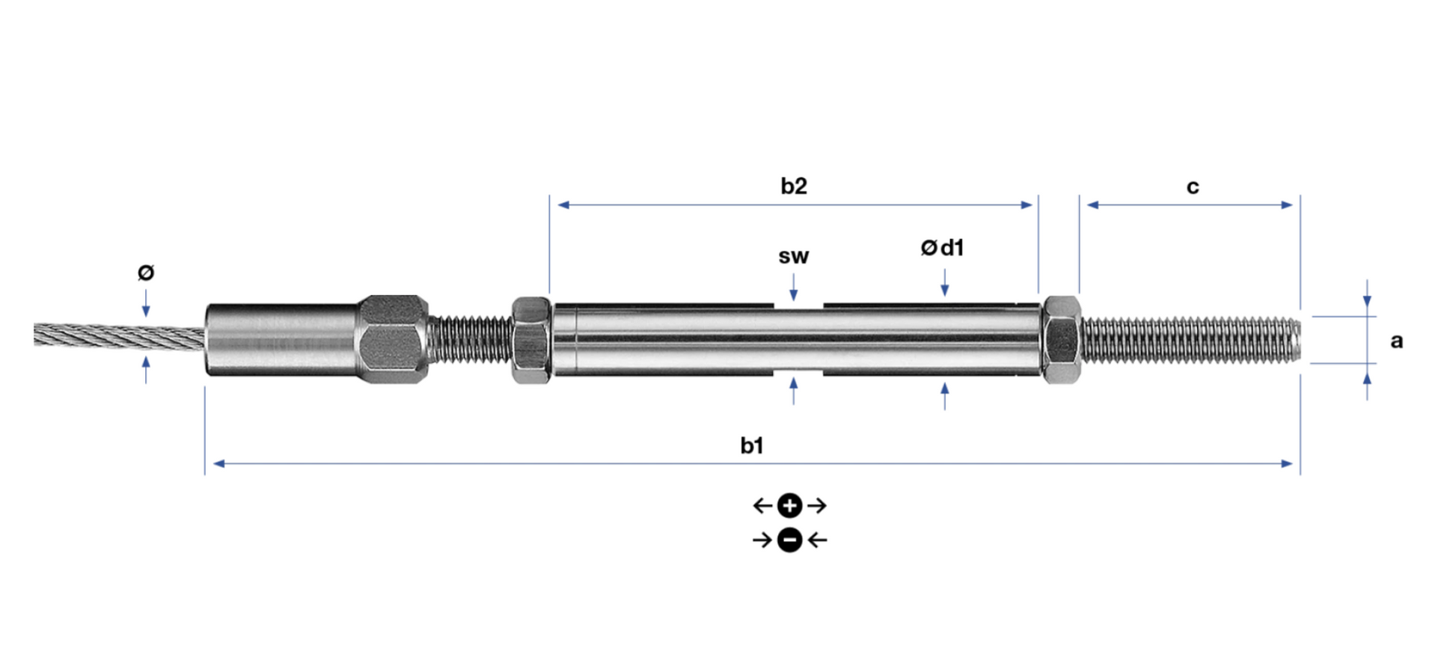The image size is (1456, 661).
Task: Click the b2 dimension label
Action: pos(794,186)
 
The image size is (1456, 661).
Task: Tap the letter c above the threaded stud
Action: pos(1193,187)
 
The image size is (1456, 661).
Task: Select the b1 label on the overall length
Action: pos(752,445)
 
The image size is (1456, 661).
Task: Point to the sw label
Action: pos(793,257)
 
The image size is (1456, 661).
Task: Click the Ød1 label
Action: pos(943,248)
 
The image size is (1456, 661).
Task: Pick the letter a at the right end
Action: pos(1396,341)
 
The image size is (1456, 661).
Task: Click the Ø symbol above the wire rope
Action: pos(146,272)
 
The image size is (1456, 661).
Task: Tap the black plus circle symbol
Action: pos(789,506)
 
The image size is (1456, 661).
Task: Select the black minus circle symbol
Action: pos(789,540)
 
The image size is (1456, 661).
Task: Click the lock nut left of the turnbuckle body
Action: pos(531,340)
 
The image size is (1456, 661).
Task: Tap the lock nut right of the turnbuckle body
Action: pos(1061,340)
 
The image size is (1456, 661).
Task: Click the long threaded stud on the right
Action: pos(1190,340)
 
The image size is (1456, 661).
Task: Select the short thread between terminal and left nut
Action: pos(470,338)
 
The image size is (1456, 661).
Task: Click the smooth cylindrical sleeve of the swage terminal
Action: pos(281,339)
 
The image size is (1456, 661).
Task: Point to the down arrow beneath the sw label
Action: pos(794,287)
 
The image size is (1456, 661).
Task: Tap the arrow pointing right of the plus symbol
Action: pos(817,506)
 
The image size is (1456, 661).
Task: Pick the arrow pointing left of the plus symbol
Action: pos(762,506)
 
